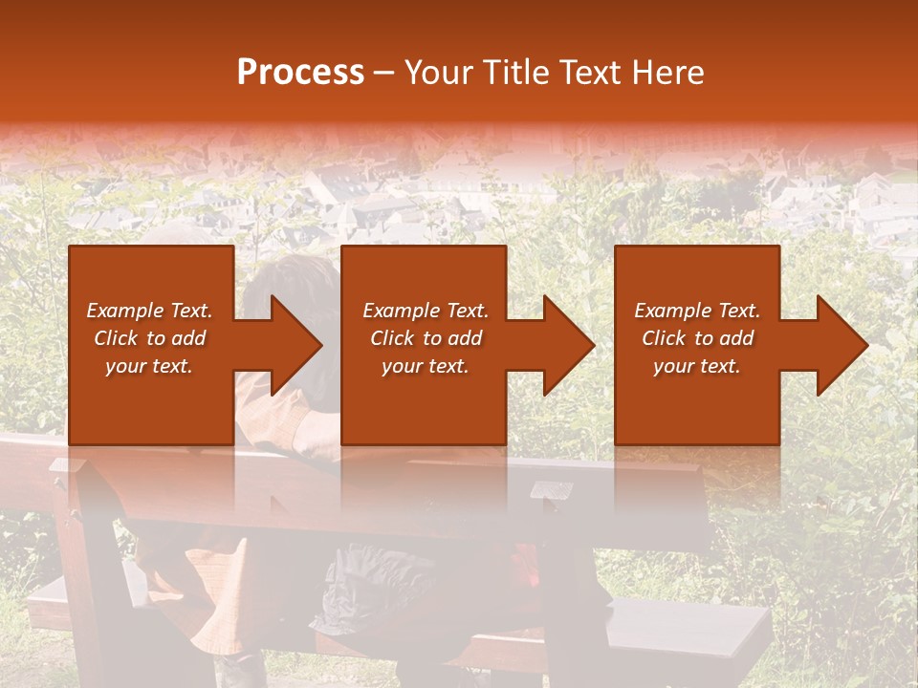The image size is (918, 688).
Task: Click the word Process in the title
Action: click(300, 73)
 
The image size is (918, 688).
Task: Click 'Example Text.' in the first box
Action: click(149, 311)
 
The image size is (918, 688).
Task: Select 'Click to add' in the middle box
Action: click(426, 338)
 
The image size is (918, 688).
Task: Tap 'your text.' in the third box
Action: click(697, 366)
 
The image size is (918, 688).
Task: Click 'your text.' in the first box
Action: click(149, 366)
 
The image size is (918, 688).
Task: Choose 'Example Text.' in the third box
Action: click(697, 311)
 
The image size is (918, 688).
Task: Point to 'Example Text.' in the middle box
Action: click(426, 311)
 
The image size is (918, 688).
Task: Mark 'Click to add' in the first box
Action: click(149, 338)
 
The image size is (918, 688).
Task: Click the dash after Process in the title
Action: click(384, 73)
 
